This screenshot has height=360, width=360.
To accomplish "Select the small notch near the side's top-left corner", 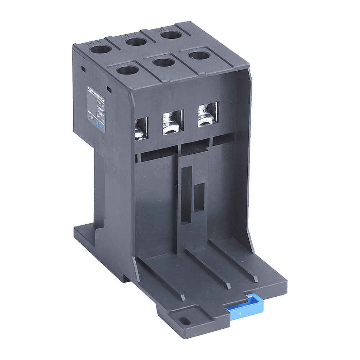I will (x=83, y=68).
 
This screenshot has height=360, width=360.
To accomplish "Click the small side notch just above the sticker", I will (x=108, y=88).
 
